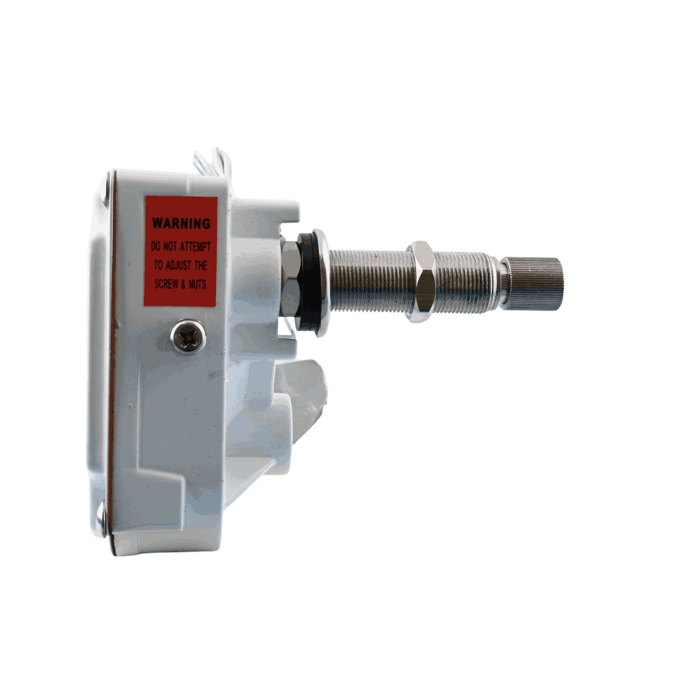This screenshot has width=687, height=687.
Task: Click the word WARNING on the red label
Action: tap(181, 223)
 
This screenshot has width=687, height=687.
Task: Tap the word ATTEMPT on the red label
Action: tap(196, 246)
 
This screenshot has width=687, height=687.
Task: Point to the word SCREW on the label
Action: tap(167, 284)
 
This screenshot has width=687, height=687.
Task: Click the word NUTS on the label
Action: tap(198, 284)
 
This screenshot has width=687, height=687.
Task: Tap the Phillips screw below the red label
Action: tap(188, 336)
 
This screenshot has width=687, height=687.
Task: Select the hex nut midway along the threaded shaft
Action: tap(421, 281)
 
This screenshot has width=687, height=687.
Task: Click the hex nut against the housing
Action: tap(290, 279)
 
